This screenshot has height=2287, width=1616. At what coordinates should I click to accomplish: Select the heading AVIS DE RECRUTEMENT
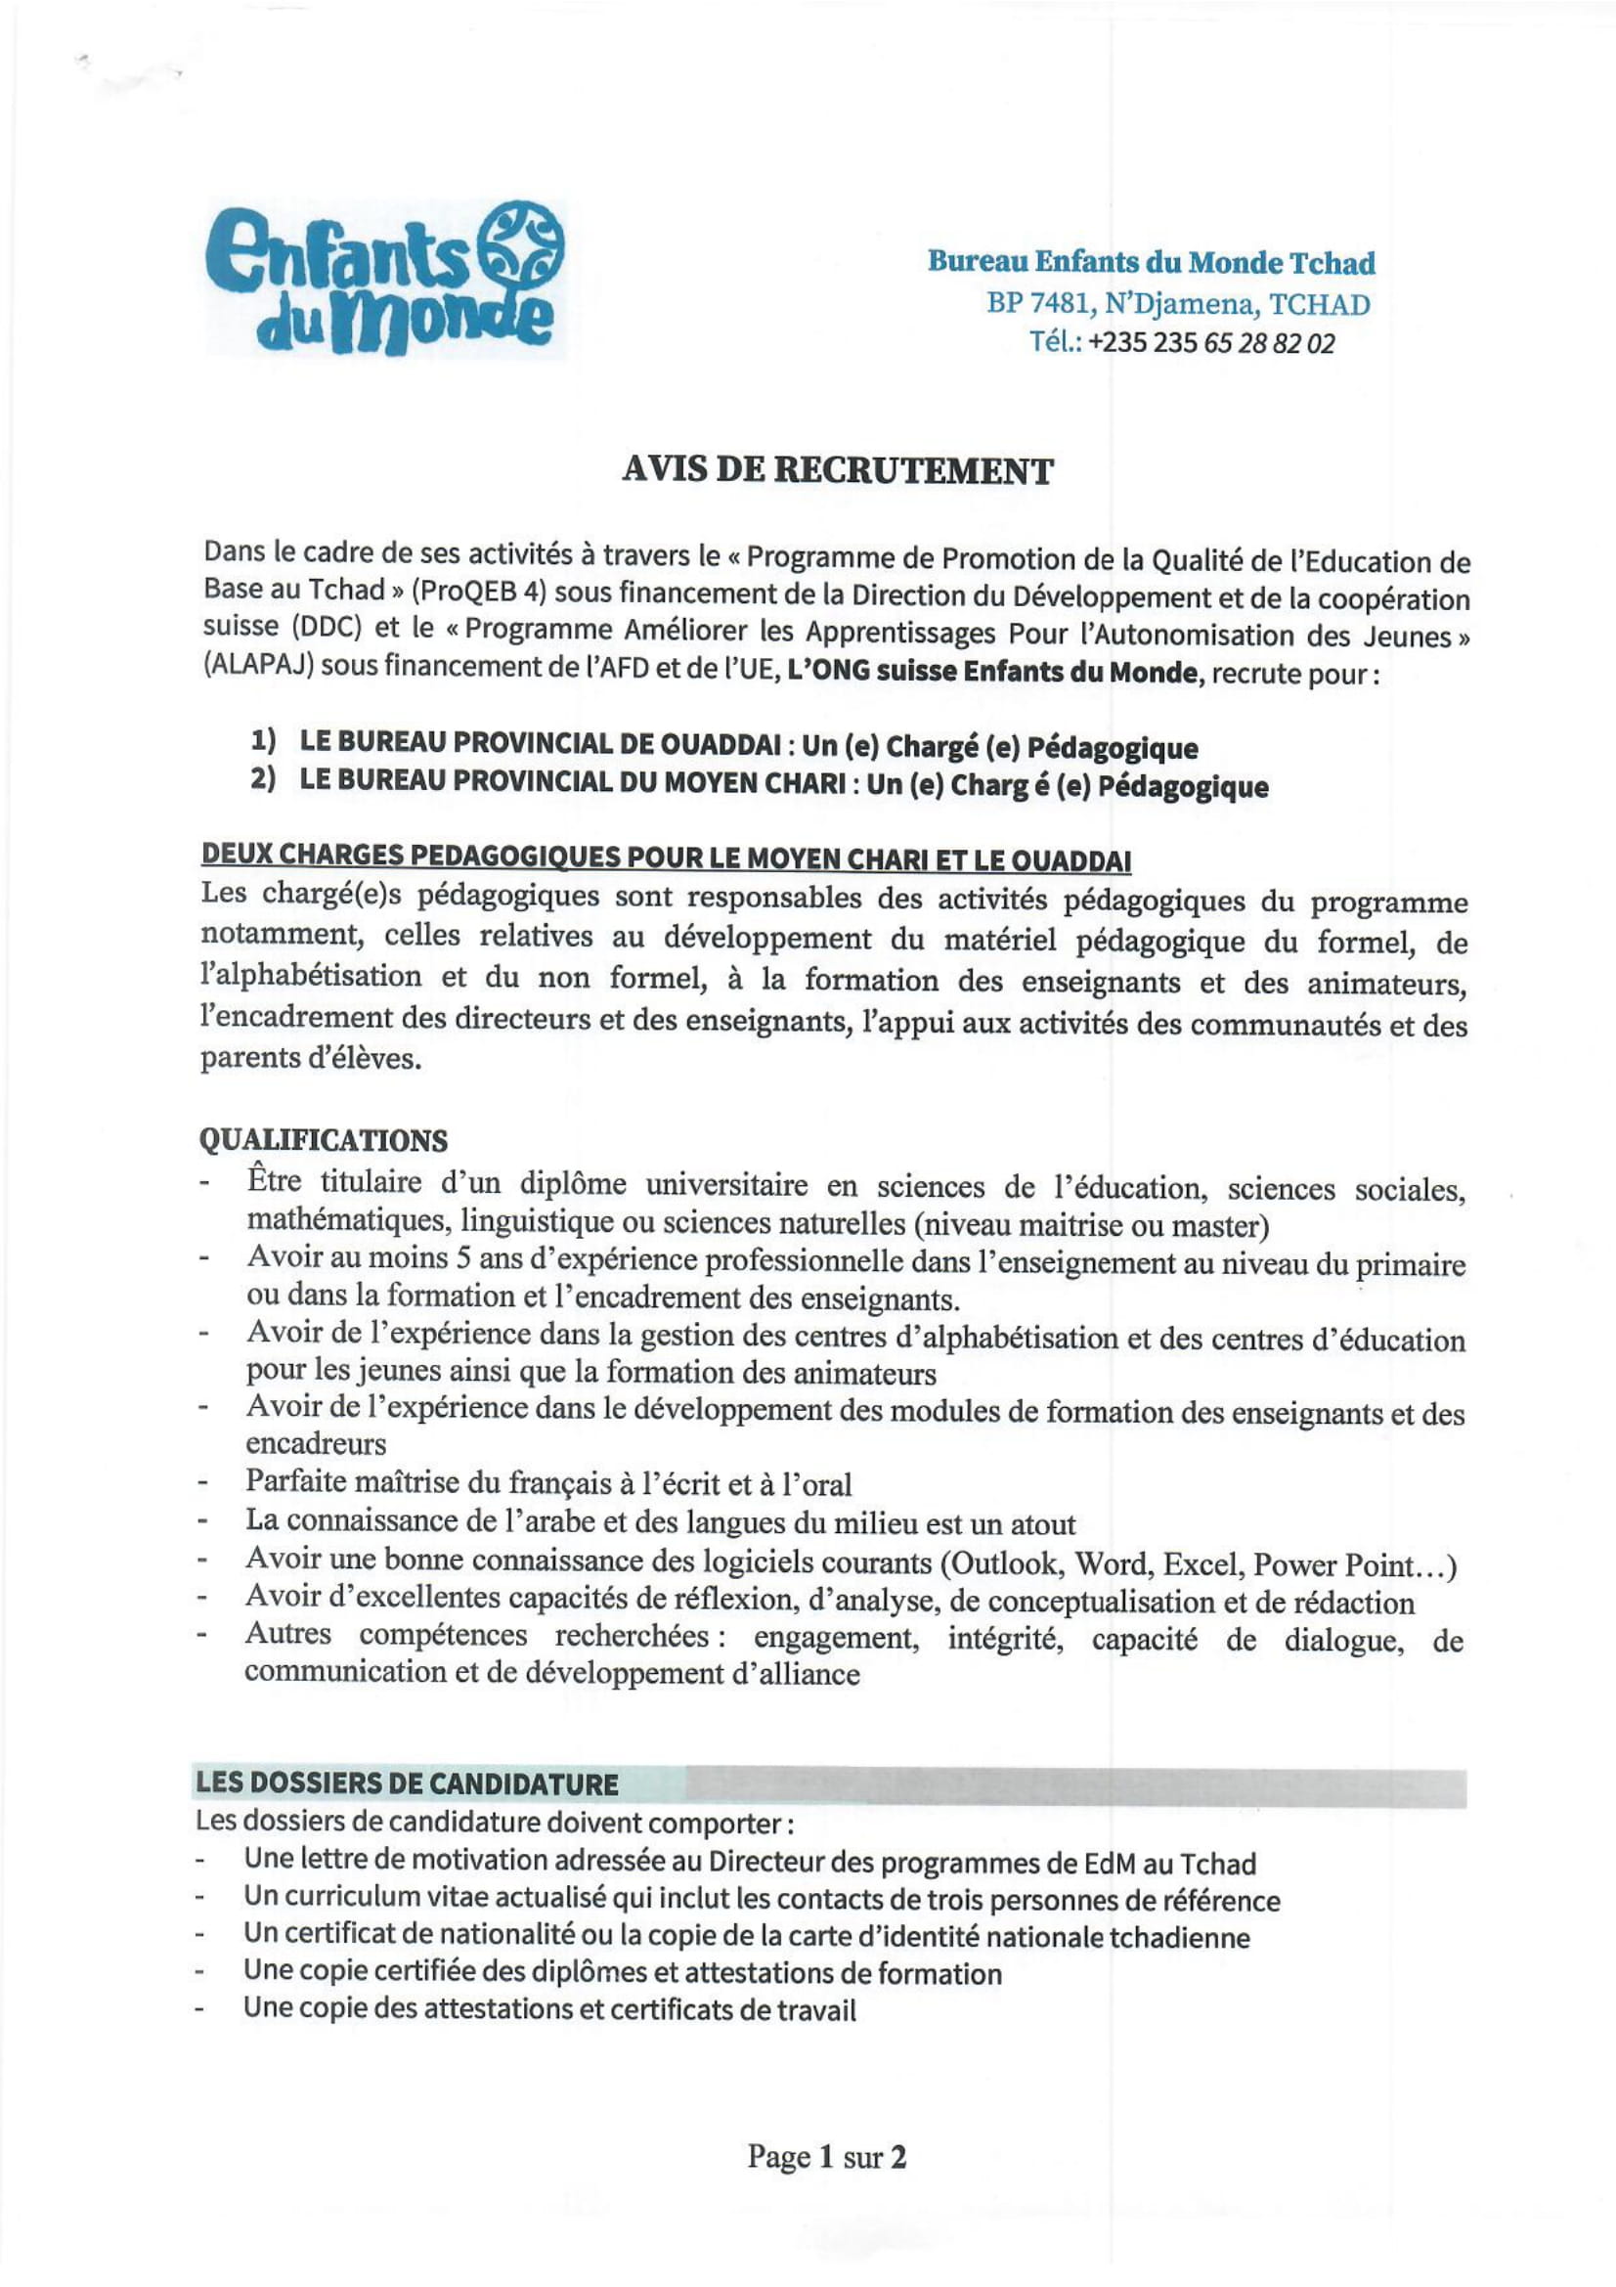[x=837, y=470]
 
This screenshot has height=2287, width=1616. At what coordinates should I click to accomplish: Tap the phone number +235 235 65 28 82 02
[x=1210, y=343]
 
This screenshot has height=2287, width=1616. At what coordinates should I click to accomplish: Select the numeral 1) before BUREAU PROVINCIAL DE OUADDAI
[x=263, y=741]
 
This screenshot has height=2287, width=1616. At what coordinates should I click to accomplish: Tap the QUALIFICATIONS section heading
[x=324, y=1139]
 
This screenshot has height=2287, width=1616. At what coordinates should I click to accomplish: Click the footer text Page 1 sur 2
[x=826, y=2157]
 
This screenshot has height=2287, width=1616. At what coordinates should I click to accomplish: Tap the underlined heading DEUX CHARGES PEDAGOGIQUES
[x=665, y=858]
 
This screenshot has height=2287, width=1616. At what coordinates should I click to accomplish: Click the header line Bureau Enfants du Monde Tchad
[x=1151, y=263]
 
